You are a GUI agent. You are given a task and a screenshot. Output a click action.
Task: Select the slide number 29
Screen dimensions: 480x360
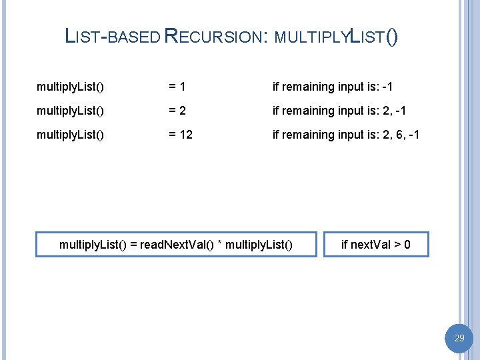459,339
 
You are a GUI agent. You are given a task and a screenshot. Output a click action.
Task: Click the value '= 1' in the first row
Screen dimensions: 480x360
177,87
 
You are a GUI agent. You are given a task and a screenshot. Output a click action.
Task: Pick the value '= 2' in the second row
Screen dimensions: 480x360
177,111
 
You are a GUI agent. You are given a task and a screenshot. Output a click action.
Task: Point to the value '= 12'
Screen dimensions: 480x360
180,135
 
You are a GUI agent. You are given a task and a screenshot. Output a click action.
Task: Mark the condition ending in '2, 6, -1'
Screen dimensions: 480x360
346,135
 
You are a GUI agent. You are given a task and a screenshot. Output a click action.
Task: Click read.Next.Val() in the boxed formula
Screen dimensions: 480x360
177,245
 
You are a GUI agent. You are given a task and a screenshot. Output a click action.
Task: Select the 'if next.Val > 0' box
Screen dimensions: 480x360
375,245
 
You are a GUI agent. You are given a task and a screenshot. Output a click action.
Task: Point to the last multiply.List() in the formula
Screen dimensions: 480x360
259,245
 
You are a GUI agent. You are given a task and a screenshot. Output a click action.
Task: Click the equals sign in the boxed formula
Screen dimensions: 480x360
133,245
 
